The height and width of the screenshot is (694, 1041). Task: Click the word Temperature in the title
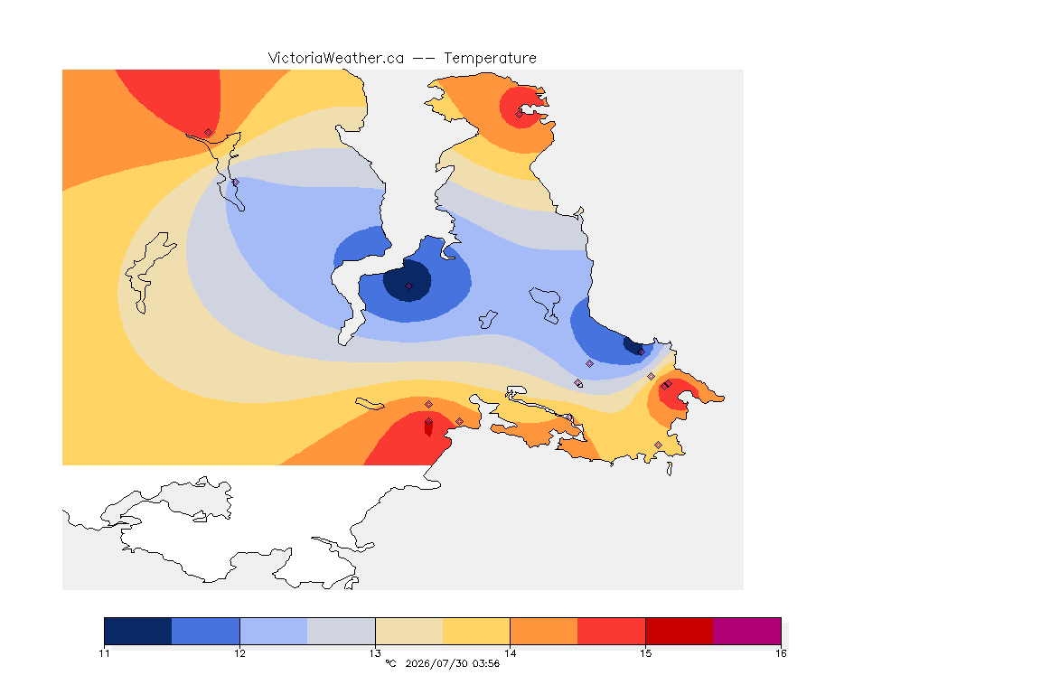tap(490, 59)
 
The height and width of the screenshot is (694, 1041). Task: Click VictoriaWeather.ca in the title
tap(336, 59)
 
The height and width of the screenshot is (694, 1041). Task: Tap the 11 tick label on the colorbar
tap(104, 653)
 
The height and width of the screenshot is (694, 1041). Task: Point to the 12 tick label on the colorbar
tap(239, 653)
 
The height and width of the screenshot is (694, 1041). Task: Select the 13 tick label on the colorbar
tap(375, 653)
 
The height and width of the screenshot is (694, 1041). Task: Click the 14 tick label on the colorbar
tap(510, 653)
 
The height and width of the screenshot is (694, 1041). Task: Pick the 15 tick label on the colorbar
tap(645, 653)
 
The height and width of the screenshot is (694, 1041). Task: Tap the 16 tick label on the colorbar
tap(781, 653)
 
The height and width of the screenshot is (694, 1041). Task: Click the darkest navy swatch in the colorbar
tap(138, 631)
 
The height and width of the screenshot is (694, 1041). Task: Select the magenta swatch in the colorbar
tap(747, 631)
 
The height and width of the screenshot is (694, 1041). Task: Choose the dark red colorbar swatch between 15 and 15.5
tap(680, 631)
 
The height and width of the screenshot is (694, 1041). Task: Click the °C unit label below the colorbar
tap(390, 663)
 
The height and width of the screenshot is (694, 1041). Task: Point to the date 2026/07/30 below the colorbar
tap(436, 663)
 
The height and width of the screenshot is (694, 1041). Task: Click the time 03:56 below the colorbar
tap(486, 663)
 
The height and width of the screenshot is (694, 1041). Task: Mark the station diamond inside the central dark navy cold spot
tap(409, 286)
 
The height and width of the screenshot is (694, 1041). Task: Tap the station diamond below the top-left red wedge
tap(209, 133)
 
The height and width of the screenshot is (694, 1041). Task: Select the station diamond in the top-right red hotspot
tap(520, 114)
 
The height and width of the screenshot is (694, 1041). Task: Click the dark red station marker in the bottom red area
tap(428, 427)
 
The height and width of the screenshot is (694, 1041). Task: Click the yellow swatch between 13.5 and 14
tap(476, 631)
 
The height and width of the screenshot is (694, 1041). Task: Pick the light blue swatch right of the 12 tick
tap(274, 631)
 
